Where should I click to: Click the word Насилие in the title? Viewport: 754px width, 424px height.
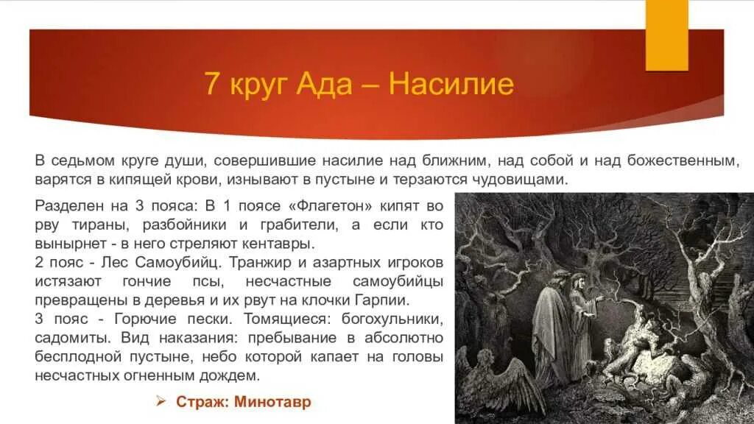click(451, 84)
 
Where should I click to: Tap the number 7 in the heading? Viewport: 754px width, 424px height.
click(212, 85)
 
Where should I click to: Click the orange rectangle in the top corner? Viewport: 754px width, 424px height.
click(666, 35)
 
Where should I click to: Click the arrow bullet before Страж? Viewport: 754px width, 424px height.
click(162, 402)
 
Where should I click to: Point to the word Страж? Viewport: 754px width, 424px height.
click(199, 402)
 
